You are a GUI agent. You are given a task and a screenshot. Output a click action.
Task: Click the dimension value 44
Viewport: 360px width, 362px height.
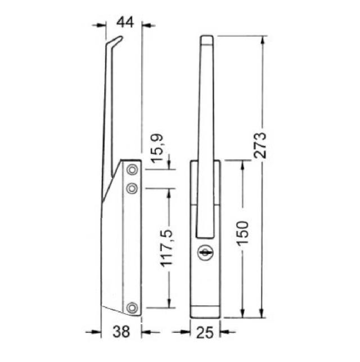[124, 24]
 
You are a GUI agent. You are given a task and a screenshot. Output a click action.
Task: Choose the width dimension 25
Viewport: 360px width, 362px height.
[205, 332]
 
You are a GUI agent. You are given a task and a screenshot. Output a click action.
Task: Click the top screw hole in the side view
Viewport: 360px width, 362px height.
[132, 169]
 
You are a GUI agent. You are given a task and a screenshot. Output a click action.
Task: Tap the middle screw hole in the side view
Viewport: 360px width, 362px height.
[132, 188]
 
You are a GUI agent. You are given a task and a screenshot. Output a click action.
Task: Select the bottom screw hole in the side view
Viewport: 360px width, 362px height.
[132, 307]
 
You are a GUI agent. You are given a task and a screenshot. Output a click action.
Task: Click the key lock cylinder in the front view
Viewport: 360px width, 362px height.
[204, 254]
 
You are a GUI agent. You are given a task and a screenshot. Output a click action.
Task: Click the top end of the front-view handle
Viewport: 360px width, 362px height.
[206, 38]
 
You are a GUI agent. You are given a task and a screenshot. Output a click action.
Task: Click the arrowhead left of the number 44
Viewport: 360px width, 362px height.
[102, 24]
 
